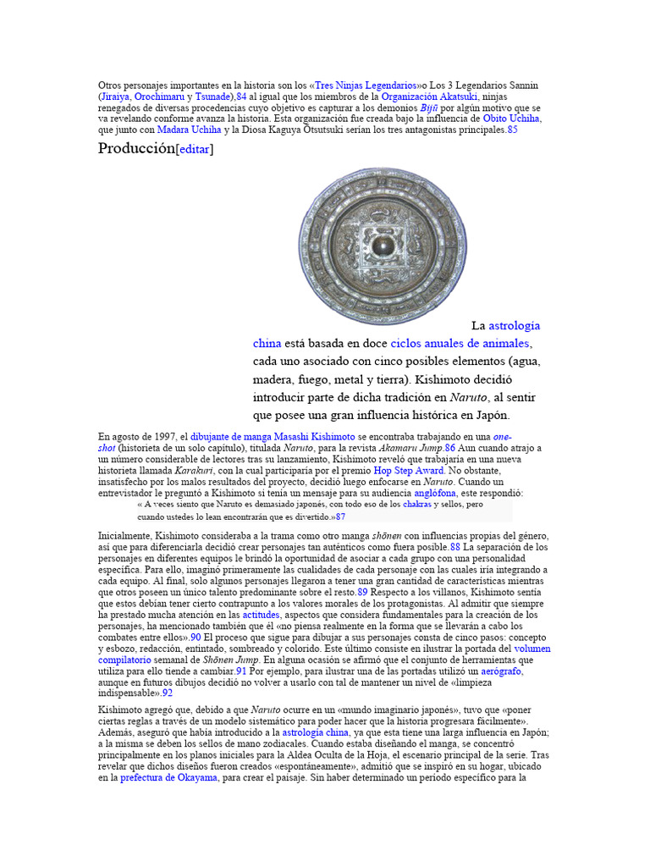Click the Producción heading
pos(135,150)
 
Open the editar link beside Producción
pos(194,150)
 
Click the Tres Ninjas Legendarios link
pos(366,86)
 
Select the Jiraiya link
pos(116,97)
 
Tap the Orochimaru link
pos(159,97)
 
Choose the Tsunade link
pos(212,97)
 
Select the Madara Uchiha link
pos(189,130)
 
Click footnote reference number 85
pos(512,130)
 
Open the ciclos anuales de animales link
pos(460,343)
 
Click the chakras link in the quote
pos(416,504)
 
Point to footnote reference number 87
pos(340,516)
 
